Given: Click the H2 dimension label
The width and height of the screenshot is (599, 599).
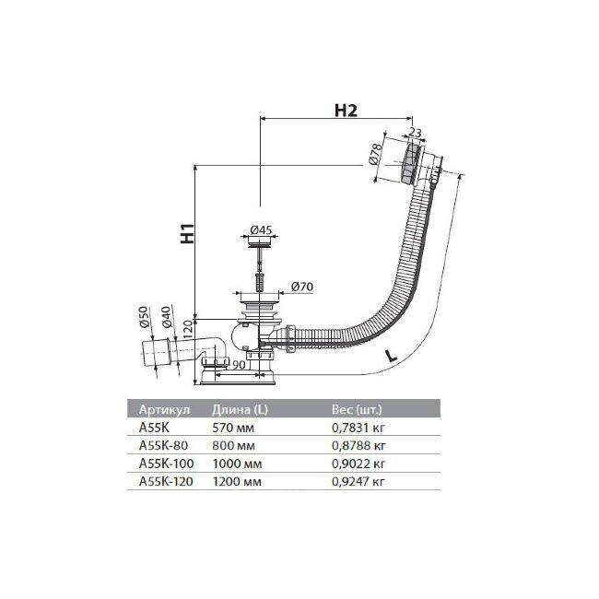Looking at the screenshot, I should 345,111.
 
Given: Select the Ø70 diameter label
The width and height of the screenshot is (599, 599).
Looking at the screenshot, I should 301,287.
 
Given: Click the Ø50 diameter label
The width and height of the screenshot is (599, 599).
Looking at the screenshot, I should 145,318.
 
